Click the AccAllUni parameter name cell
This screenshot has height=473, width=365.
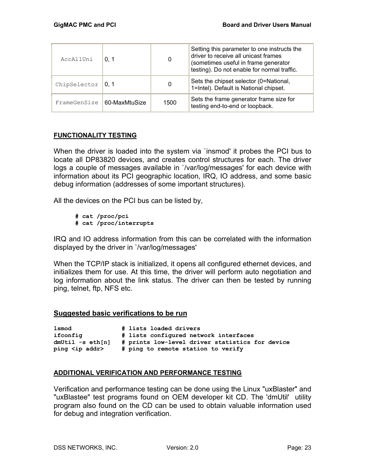click(x=77, y=59)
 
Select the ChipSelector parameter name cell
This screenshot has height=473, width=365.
click(x=77, y=85)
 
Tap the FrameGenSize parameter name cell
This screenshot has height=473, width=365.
click(x=77, y=103)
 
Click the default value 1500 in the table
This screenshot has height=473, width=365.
click(x=169, y=103)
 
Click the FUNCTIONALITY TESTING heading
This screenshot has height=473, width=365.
click(x=95, y=135)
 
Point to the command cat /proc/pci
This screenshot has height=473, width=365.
click(x=102, y=216)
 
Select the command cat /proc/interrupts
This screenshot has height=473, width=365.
click(x=114, y=223)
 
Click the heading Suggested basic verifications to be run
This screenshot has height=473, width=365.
click(x=120, y=313)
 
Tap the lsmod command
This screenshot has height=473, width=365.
click(x=62, y=329)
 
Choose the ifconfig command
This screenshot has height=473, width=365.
click(x=68, y=336)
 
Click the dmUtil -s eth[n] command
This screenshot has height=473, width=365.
click(x=82, y=342)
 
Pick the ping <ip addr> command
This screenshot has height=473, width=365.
click(x=78, y=349)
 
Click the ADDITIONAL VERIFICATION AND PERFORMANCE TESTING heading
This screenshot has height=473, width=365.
click(x=147, y=373)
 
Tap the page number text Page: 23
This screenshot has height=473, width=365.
click(x=299, y=448)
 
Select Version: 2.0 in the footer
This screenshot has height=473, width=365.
click(x=182, y=448)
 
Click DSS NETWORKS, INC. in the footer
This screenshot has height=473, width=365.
click(x=85, y=448)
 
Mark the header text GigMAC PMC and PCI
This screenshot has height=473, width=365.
click(x=85, y=25)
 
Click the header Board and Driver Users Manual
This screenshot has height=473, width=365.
click(x=267, y=25)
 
